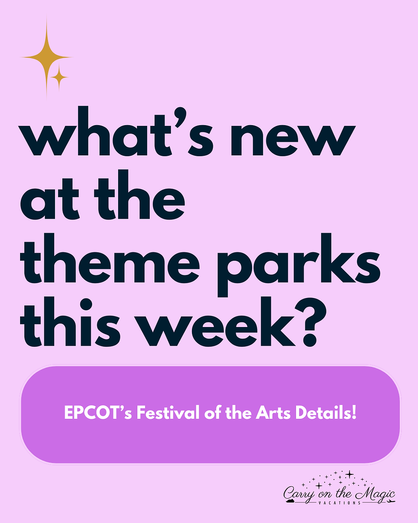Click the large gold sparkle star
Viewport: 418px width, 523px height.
point(46,57)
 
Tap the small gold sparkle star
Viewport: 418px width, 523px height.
point(59,77)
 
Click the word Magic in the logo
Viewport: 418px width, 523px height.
point(375,494)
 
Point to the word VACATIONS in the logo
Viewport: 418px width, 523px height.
point(340,503)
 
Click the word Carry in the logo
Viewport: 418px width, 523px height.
point(299,494)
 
